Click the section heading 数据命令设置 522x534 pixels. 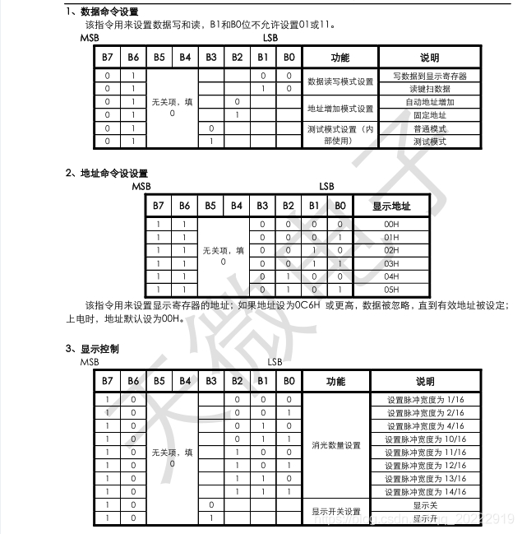[x=109, y=12]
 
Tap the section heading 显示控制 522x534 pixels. [x=99, y=349]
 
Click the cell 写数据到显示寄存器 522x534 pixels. [x=429, y=76]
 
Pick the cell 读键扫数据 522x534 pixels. [x=429, y=89]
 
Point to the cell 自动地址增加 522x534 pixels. [x=429, y=102]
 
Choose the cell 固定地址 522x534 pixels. [x=429, y=115]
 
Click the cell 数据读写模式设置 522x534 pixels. [x=340, y=82]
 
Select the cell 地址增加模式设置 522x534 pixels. [x=340, y=109]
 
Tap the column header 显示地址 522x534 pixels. [x=391, y=206]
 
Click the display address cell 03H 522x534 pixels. [x=391, y=263]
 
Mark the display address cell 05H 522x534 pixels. [x=391, y=290]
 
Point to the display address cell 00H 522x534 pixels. [x=391, y=224]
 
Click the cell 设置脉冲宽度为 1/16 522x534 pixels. [x=426, y=400]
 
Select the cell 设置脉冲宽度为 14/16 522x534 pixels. [x=426, y=491]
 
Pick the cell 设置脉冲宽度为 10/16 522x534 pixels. [x=426, y=439]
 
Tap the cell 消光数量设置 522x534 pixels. [x=335, y=445]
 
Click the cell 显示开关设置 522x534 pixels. [x=335, y=512]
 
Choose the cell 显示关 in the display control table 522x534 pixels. [x=426, y=505]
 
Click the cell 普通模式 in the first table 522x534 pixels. [x=429, y=129]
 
